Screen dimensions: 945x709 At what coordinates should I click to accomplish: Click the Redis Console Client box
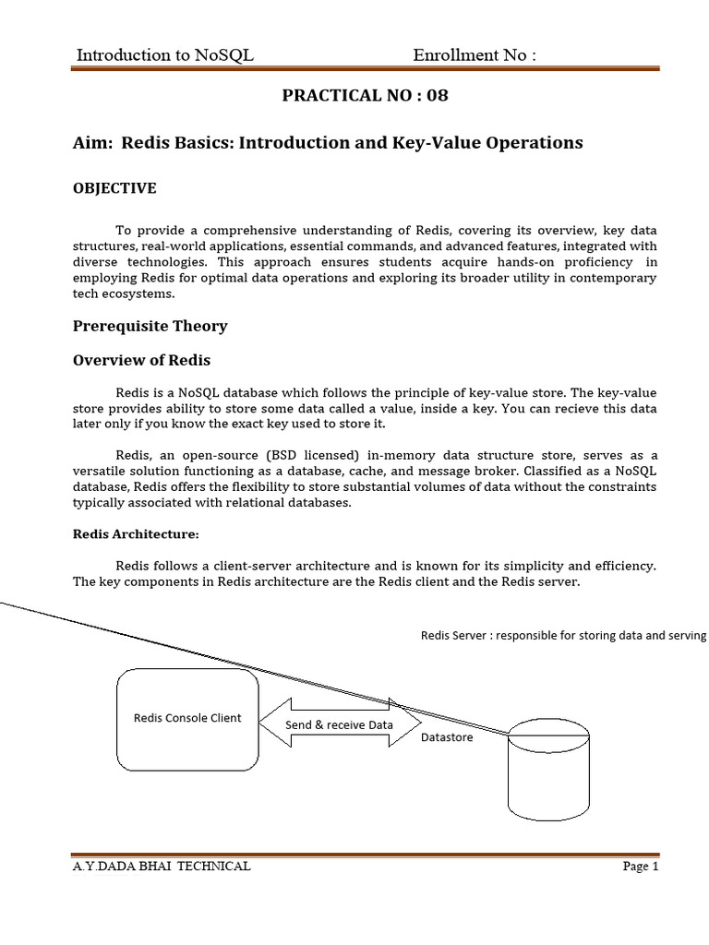click(x=187, y=718)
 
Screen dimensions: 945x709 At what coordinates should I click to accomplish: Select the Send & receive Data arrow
click(x=339, y=724)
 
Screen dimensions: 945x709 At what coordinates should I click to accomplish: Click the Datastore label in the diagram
click(x=447, y=737)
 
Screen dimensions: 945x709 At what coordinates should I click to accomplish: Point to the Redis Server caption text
click(x=563, y=635)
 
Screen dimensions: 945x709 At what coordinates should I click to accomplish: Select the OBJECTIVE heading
click(x=114, y=188)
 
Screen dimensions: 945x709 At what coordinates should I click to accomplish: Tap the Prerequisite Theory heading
click(x=150, y=326)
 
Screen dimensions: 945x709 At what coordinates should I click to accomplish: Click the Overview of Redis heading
click(x=148, y=359)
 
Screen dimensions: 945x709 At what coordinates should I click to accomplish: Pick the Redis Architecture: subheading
click(x=136, y=534)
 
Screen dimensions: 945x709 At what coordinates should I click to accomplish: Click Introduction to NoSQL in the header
click(x=164, y=55)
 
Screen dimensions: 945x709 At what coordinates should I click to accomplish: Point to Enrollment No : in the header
click(x=475, y=55)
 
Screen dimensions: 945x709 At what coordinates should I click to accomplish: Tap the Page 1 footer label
click(x=639, y=867)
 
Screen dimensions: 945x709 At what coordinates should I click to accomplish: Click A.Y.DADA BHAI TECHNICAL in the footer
click(x=162, y=867)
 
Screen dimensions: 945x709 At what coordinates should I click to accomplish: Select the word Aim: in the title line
click(x=92, y=143)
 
